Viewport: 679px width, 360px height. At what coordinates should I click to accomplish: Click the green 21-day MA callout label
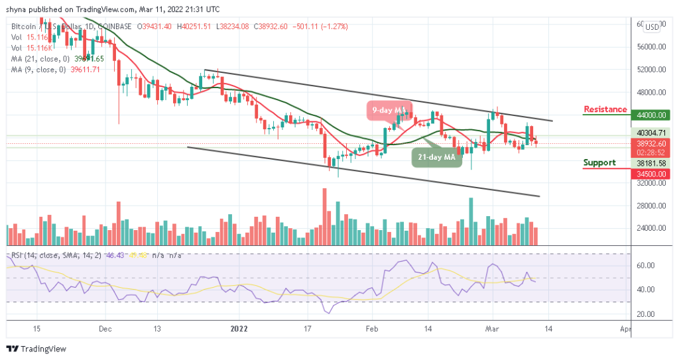(x=436, y=157)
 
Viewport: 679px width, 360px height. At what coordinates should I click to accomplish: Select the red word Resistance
(x=605, y=109)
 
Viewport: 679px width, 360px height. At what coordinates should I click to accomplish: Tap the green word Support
(x=599, y=162)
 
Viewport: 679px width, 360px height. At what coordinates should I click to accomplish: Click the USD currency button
(x=652, y=27)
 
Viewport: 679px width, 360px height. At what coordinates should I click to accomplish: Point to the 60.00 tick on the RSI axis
(x=648, y=266)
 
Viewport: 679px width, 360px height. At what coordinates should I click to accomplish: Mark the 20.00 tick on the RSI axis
(x=648, y=314)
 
